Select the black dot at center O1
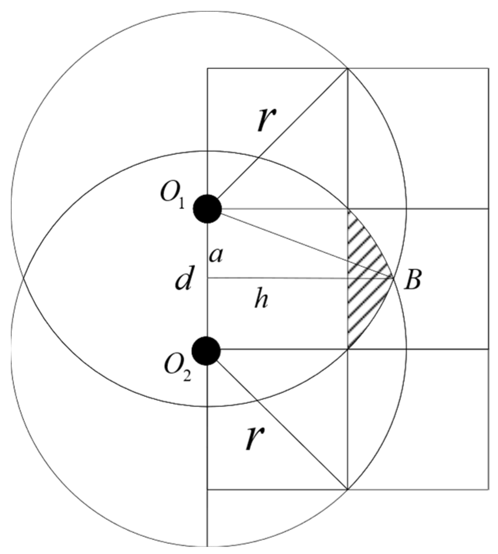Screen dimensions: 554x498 208,209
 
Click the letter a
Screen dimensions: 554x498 216,256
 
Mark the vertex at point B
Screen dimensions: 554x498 393,278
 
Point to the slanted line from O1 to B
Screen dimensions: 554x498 302,243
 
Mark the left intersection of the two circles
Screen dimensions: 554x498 23,278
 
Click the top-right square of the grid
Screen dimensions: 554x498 418,138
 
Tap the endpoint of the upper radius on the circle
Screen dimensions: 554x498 348,68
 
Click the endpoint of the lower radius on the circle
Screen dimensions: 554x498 348,489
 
